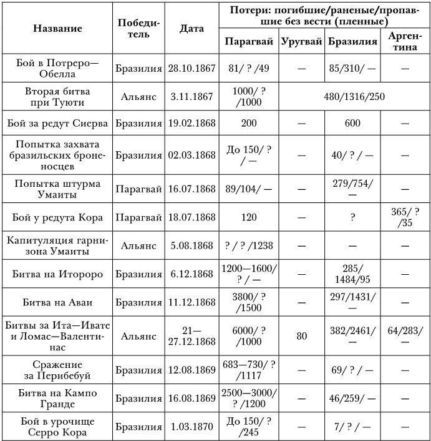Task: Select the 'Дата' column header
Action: [x=191, y=28]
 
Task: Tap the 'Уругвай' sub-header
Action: [x=301, y=42]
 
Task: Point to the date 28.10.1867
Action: [x=191, y=68]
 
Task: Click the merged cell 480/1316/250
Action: [x=354, y=97]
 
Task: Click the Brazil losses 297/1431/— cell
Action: [x=353, y=302]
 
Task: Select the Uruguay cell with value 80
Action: [x=302, y=336]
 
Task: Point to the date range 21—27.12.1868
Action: [x=191, y=336]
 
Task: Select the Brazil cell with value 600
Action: [x=353, y=123]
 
